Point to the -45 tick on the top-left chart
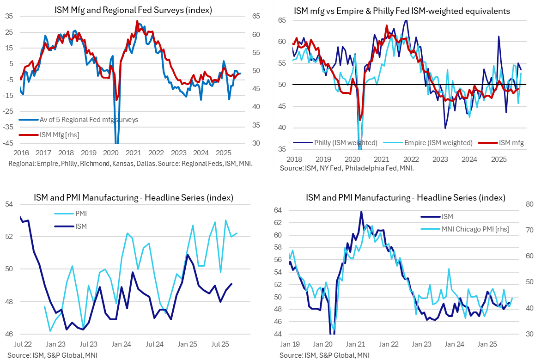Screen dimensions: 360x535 [8, 143]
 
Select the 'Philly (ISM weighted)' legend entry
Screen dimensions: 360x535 [346, 143]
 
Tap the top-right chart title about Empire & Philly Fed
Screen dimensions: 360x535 [401, 11]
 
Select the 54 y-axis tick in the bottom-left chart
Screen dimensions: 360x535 [9, 204]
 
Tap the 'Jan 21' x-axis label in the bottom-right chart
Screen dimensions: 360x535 [356, 344]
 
